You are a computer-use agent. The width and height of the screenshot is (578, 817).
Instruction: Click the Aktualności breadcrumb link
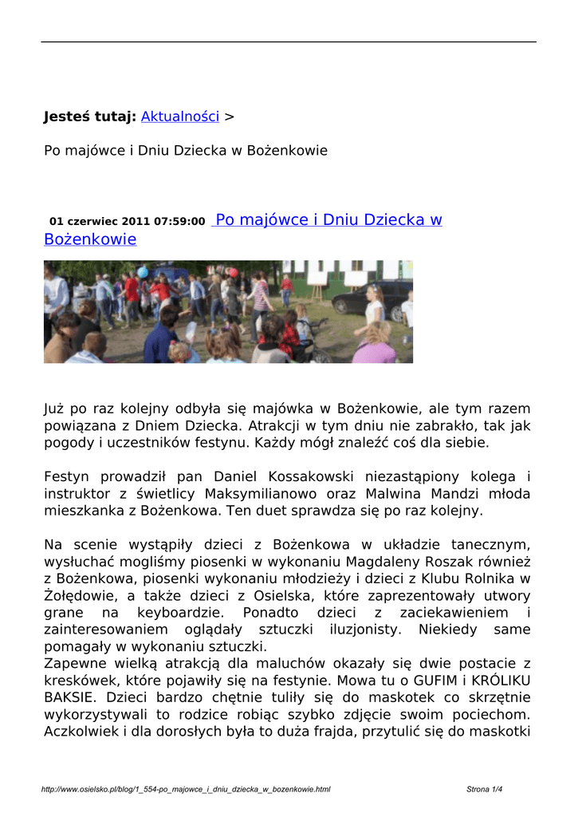click(179, 116)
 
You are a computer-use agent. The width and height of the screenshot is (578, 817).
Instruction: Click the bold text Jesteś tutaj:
click(89, 116)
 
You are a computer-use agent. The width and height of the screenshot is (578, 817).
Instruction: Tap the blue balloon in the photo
click(143, 272)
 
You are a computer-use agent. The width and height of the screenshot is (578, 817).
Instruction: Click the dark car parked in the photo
click(372, 299)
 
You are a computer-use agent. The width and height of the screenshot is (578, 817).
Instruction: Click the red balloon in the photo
click(234, 272)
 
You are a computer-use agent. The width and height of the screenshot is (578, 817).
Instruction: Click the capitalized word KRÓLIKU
click(501, 681)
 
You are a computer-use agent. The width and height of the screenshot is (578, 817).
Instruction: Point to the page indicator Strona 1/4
click(485, 790)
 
